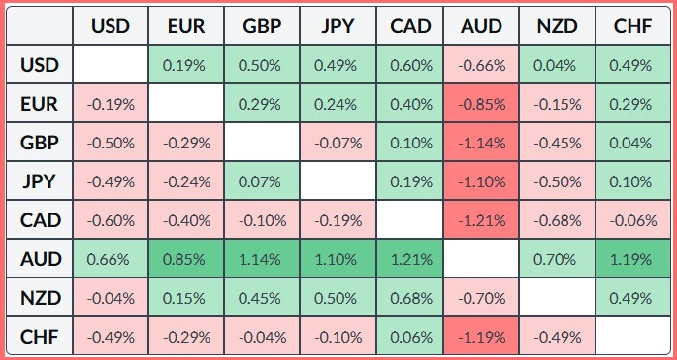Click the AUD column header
481,25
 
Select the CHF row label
40,337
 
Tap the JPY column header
338,25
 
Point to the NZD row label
40,298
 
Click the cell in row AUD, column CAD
410,259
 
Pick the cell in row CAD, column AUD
481,220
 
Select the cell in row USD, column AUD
481,65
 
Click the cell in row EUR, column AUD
481,104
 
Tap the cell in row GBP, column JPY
338,143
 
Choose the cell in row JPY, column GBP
262,181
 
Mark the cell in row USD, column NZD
557,65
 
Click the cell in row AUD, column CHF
632,259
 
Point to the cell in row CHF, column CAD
410,337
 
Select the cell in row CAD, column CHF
632,220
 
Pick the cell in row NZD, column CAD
410,298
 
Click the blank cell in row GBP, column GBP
262,143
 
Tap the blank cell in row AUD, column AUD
481,259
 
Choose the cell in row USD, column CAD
410,65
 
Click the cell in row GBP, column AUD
481,143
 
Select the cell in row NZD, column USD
111,298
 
